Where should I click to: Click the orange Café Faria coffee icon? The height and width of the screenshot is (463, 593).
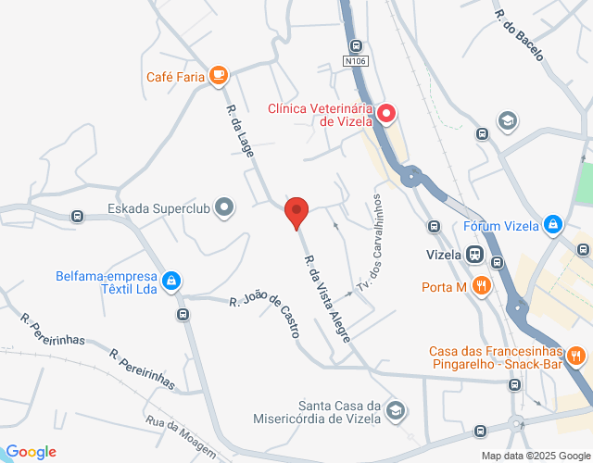(219, 76)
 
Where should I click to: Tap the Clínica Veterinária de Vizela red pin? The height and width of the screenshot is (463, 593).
(385, 114)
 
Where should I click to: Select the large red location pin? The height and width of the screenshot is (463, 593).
(296, 213)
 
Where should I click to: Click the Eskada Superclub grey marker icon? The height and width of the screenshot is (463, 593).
(224, 207)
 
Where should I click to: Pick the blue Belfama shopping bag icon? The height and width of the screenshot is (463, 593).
(170, 280)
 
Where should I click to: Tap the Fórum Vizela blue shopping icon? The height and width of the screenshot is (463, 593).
(553, 224)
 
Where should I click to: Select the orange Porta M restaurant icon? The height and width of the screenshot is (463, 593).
(480, 285)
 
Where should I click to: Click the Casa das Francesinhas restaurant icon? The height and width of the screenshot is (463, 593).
(576, 355)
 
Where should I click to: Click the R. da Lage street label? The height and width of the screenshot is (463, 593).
(240, 131)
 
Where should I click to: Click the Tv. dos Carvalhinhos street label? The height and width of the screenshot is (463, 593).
(371, 238)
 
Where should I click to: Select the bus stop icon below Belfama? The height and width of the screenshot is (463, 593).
(183, 315)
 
